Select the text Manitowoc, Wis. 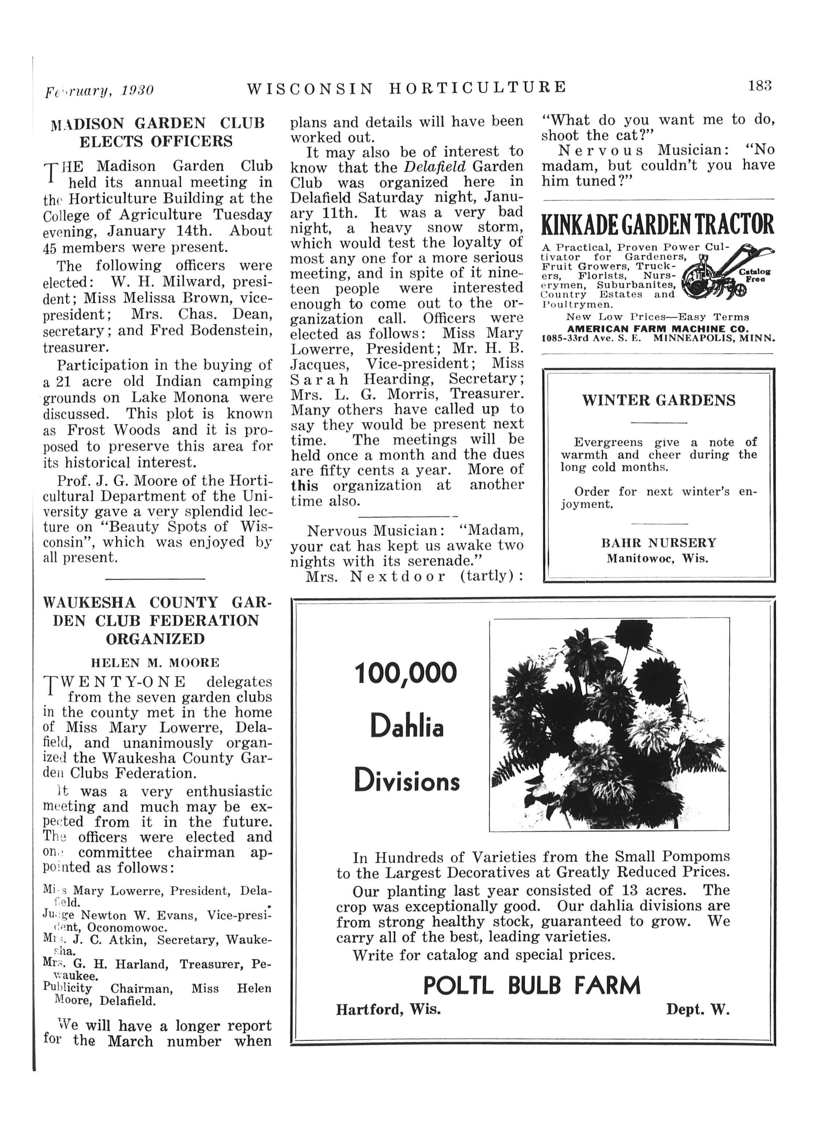(658, 558)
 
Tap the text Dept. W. (698, 1010)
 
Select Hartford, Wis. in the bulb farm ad (388, 1010)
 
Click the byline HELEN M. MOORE (155, 663)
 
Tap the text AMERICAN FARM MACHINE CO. (658, 329)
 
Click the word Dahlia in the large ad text (406, 728)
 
